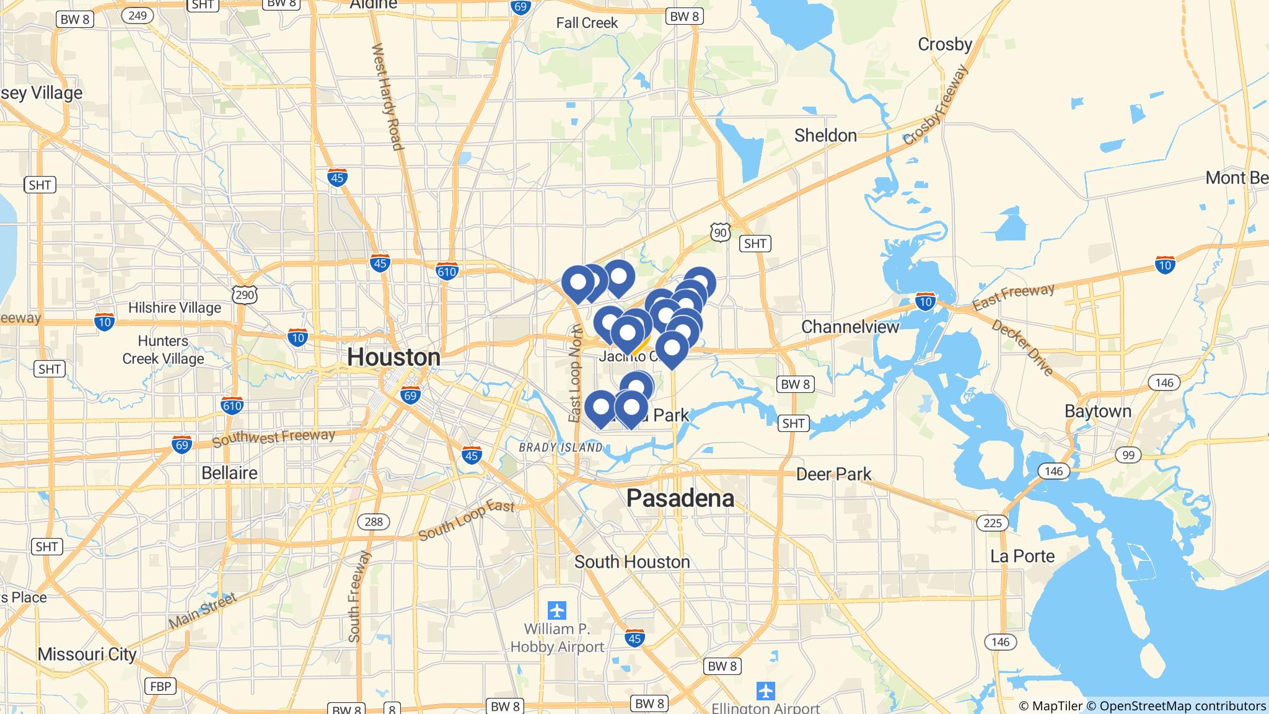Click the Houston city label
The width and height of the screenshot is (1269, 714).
393,357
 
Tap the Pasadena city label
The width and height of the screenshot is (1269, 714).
680,498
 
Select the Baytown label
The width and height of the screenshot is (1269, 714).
1097,411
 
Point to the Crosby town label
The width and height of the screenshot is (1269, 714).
944,44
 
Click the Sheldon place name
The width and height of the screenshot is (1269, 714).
825,135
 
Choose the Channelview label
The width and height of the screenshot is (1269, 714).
850,327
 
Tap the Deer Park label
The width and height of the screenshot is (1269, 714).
833,474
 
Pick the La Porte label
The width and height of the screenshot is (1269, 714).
1022,556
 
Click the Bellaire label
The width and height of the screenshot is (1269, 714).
229,473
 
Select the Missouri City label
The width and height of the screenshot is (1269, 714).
87,654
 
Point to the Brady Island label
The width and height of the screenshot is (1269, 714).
560,447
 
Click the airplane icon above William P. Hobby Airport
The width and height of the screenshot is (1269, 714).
557,610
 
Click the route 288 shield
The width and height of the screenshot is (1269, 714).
373,521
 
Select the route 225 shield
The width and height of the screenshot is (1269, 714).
992,522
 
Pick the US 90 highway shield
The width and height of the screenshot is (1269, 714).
720,232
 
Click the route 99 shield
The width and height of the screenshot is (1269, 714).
1128,456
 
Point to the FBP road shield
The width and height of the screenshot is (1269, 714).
160,686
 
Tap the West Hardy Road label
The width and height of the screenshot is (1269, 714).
387,97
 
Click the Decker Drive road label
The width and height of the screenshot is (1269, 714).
1022,348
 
